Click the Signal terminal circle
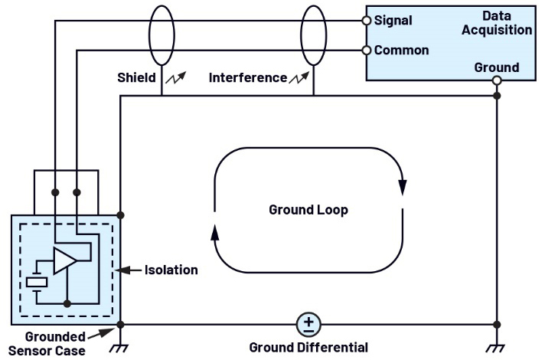pyautogui.click(x=367, y=21)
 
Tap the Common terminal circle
pyautogui.click(x=367, y=51)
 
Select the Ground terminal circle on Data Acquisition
pyautogui.click(x=497, y=80)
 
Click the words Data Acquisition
pyautogui.click(x=497, y=23)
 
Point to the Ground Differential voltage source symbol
pyautogui.click(x=308, y=325)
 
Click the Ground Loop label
pyautogui.click(x=308, y=210)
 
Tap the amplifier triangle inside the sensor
pyautogui.click(x=64, y=260)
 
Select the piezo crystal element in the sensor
pyautogui.click(x=37, y=283)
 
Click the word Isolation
pyautogui.click(x=171, y=270)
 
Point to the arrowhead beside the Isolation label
pyautogui.click(x=122, y=270)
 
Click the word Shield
pyautogui.click(x=136, y=77)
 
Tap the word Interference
pyautogui.click(x=248, y=77)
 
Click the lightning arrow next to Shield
pyautogui.click(x=176, y=77)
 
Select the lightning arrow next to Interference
pyautogui.click(x=299, y=78)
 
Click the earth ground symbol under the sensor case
pyautogui.click(x=119, y=349)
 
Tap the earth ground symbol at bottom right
pyautogui.click(x=496, y=349)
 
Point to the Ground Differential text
pyautogui.click(x=308, y=348)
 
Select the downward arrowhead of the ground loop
pyautogui.click(x=403, y=188)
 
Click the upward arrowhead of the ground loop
pyautogui.click(x=215, y=232)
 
